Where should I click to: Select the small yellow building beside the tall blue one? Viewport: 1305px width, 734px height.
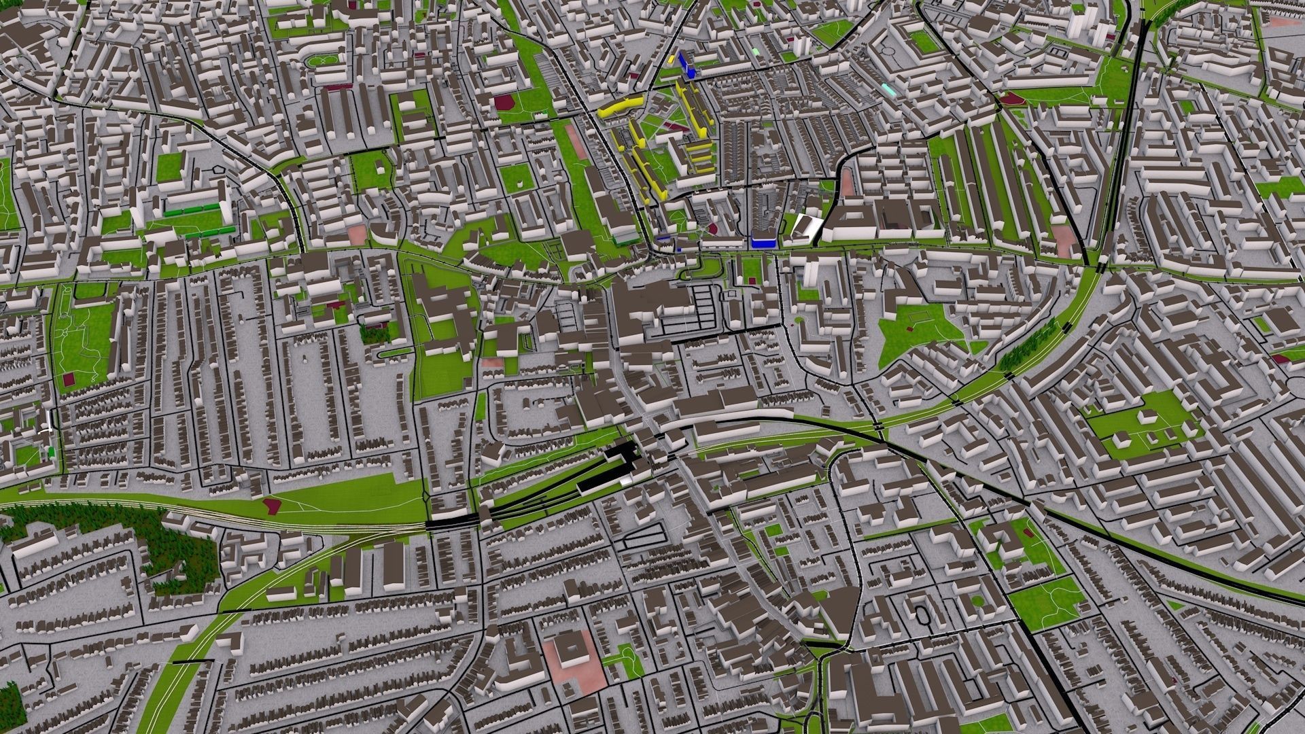(672, 59)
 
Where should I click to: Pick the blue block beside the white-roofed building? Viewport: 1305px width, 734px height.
(764, 241)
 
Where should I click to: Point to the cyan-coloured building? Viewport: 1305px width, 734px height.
(889, 89)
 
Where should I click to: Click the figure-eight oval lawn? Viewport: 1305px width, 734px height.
(321, 60)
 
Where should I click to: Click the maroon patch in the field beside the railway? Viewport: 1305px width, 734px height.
(272, 504)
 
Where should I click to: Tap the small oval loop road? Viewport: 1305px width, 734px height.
(923, 614)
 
